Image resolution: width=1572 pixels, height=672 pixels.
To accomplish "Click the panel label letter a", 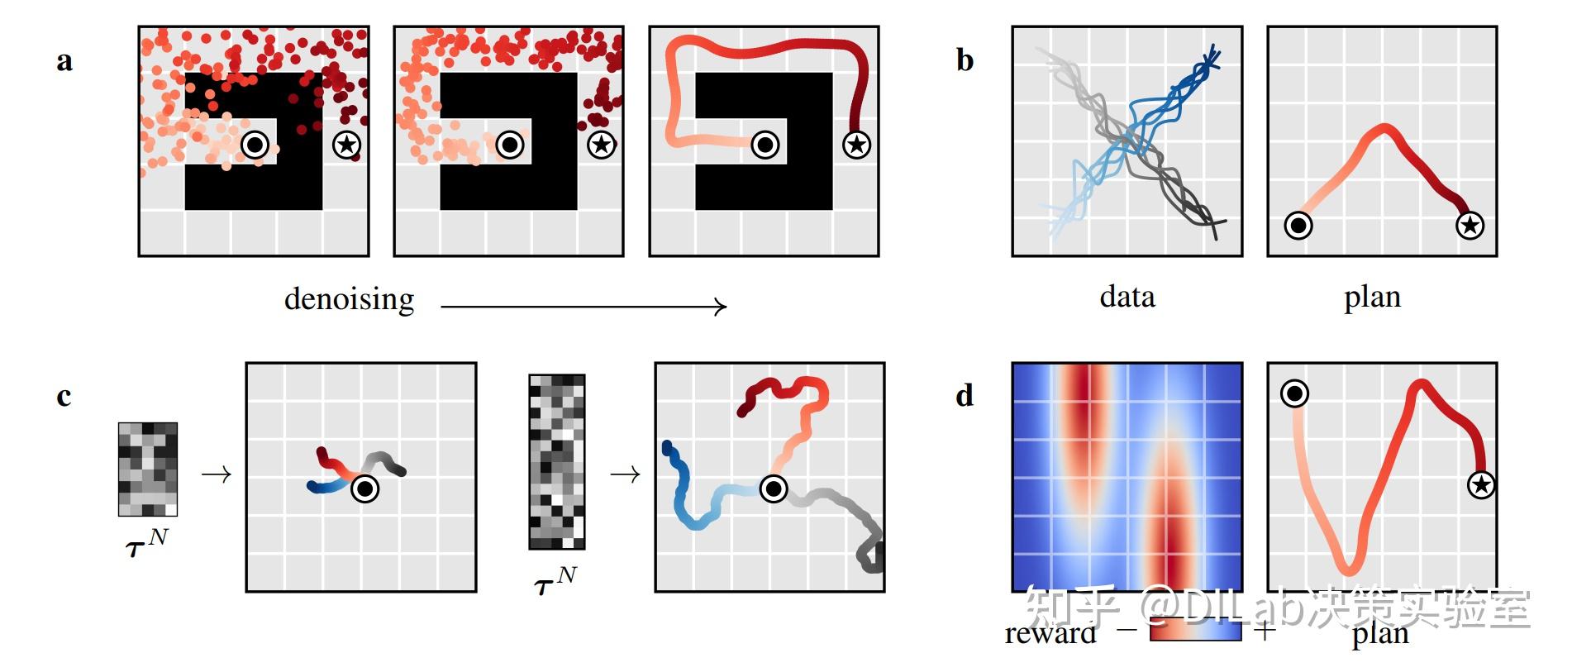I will [64, 61].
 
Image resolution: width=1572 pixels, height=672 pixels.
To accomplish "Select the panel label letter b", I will [965, 61].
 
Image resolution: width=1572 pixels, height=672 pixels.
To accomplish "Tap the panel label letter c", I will [64, 397].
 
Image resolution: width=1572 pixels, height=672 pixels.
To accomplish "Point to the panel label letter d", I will [965, 396].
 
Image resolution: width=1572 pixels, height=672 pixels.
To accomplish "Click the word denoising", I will [349, 299].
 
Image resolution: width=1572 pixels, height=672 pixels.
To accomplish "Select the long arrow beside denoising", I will [584, 307].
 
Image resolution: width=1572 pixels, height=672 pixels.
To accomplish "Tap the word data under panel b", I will [1127, 297].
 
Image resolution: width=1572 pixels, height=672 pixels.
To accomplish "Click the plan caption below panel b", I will [1372, 297].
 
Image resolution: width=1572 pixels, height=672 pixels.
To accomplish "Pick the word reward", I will [1050, 634].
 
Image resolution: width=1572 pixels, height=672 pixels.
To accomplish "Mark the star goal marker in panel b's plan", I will [1470, 225].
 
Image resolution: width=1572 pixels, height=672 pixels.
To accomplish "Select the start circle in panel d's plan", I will [1294, 393].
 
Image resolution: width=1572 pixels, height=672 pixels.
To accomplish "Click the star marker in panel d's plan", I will [1481, 484].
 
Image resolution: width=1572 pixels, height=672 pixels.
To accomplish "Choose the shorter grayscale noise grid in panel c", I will [148, 469].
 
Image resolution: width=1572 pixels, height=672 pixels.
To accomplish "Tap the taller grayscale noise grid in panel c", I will [557, 462].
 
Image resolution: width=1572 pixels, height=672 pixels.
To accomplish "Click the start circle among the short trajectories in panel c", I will [364, 489].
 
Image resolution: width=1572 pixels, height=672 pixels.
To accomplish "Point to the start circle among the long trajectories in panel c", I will [774, 489].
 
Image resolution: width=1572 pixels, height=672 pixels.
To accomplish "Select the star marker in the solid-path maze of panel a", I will [856, 145].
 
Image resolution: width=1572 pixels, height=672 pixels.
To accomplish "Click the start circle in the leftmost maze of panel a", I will [255, 145].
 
